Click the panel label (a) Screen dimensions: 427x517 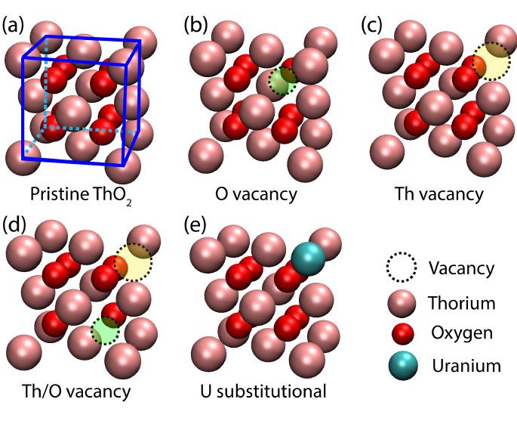coord(15,24)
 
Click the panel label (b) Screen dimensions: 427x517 coord(197,24)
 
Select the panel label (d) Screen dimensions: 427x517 coord(15,225)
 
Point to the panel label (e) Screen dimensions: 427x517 coord(197,225)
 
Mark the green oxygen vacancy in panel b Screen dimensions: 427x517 coord(282,80)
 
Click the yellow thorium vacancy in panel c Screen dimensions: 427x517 coord(491,62)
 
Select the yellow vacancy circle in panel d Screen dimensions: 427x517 coord(134,262)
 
